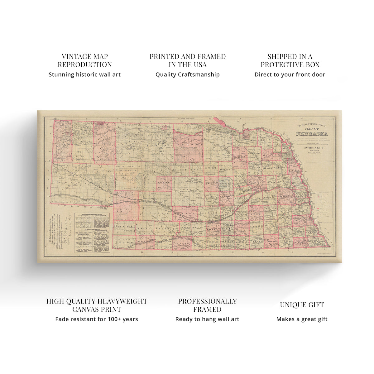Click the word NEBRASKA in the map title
(x=312, y=134)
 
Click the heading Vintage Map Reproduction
(x=84, y=60)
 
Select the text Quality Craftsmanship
(x=187, y=74)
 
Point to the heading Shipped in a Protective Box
(x=290, y=60)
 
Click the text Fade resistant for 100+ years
(x=97, y=319)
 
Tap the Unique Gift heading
(x=302, y=305)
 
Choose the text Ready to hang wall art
(x=207, y=319)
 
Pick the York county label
(x=257, y=214)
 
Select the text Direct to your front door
(x=290, y=74)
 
